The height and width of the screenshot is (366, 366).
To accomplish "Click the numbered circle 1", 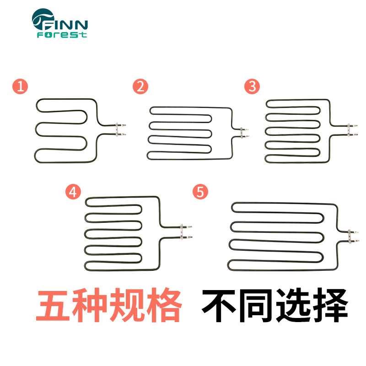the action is pyautogui.click(x=20, y=86).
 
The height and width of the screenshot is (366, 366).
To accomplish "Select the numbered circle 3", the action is pyautogui.click(x=252, y=86).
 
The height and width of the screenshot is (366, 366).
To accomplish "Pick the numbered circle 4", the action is pyautogui.click(x=72, y=192).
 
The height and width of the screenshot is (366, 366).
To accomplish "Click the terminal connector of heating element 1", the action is pyautogui.click(x=120, y=129).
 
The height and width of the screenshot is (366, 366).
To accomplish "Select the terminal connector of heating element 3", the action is pyautogui.click(x=353, y=129).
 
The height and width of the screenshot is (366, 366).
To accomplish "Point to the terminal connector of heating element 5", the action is pyautogui.click(x=352, y=235).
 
